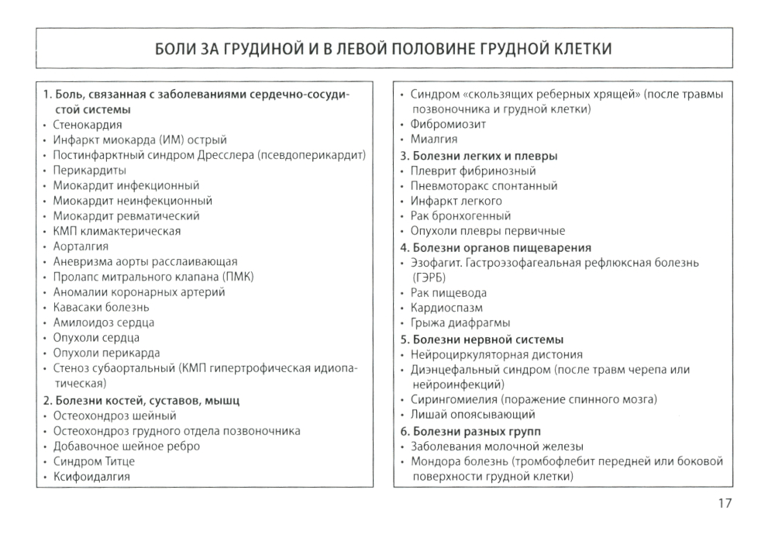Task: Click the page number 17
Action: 723,503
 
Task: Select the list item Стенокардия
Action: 88,124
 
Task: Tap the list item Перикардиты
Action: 89,170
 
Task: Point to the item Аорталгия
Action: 81,246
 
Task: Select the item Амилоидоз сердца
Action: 103,322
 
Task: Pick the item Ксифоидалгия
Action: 91,477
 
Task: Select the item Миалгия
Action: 433,140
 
